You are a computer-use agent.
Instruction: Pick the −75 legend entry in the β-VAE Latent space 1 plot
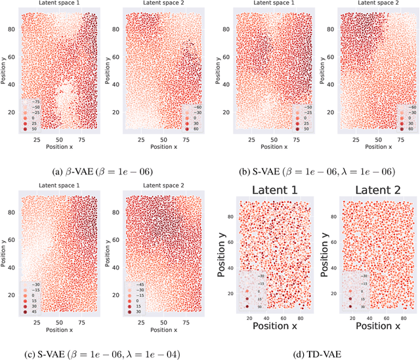tap(33, 102)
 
